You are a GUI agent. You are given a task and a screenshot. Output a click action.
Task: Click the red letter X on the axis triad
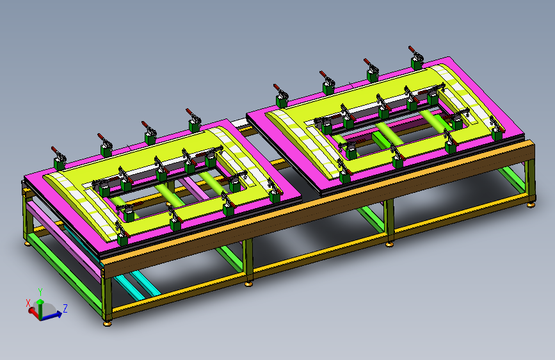(28, 303)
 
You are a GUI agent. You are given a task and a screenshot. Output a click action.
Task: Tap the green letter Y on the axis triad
(40, 292)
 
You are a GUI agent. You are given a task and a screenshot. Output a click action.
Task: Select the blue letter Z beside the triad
(65, 308)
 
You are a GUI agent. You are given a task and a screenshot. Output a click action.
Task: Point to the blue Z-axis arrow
(52, 315)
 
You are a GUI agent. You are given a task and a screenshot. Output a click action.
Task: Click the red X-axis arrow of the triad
(35, 313)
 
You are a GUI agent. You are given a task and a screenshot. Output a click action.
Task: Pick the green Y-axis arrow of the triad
(40, 307)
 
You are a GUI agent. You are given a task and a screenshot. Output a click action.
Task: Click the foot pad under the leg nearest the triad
(108, 323)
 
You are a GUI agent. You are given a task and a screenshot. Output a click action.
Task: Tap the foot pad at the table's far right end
(530, 205)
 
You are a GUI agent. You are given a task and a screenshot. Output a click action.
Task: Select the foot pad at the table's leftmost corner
(28, 244)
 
